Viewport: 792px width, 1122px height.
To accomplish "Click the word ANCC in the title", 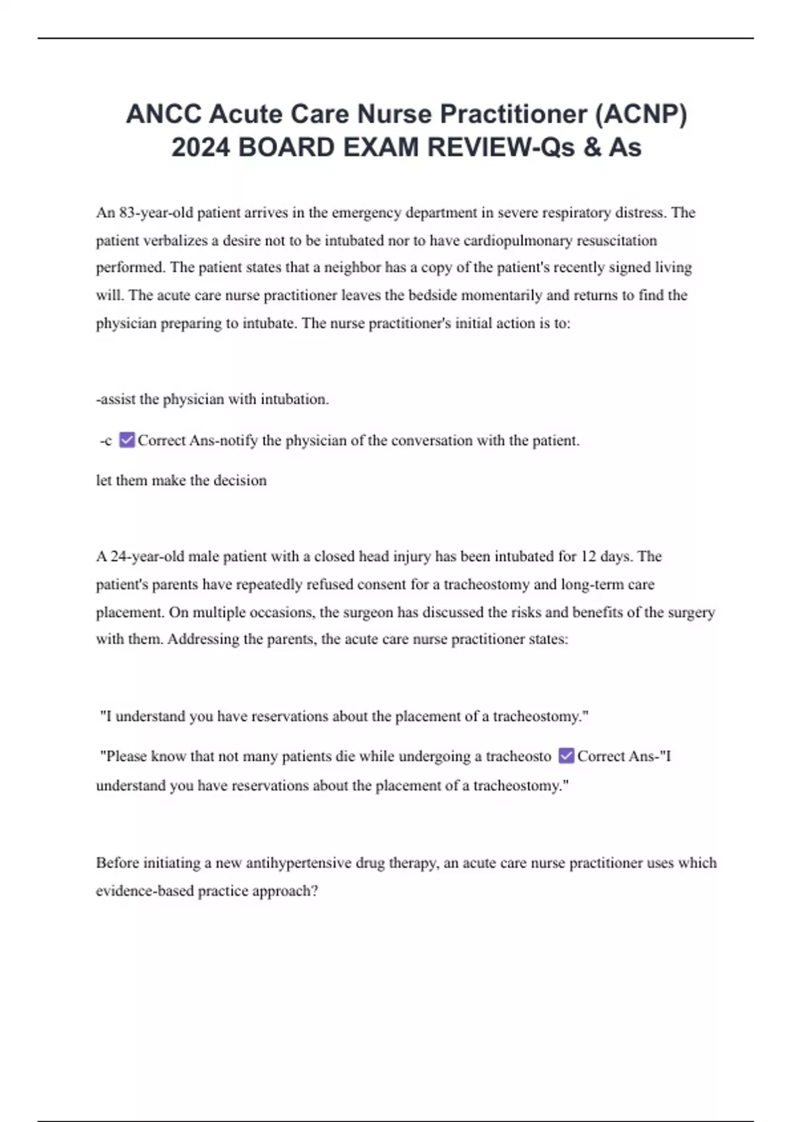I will tap(164, 114).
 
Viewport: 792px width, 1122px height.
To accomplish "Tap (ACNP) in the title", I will tap(641, 114).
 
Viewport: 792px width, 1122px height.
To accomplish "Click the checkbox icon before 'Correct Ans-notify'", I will tap(127, 440).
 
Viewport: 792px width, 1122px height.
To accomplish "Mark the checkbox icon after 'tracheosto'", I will tap(566, 756).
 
